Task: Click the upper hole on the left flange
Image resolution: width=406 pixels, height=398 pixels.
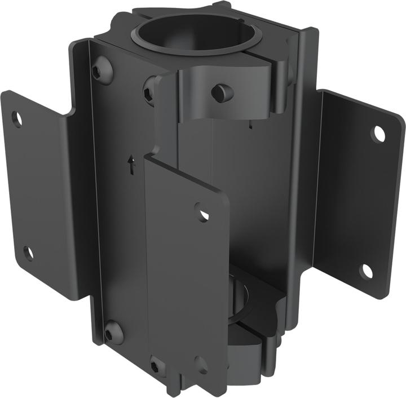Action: pyautogui.click(x=17, y=119)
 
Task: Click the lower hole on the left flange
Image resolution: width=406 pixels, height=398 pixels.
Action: pyautogui.click(x=28, y=253)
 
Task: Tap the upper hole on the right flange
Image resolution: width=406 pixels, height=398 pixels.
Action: pyautogui.click(x=378, y=134)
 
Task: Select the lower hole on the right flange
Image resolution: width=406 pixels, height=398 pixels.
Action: pyautogui.click(x=367, y=271)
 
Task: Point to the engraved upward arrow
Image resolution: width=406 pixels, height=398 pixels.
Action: pyautogui.click(x=132, y=165)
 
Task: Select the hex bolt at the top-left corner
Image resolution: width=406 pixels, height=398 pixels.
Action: pyautogui.click(x=102, y=70)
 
